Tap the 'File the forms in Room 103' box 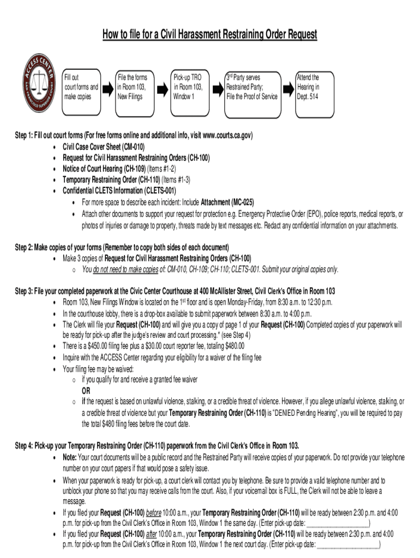pyautogui.click(x=134, y=87)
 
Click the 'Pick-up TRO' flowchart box pyautogui.click(x=188, y=87)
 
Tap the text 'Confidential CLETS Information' pyautogui.click(x=103, y=191)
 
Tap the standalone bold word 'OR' pyautogui.click(x=86, y=391)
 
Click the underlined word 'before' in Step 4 pyautogui.click(x=154, y=513)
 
